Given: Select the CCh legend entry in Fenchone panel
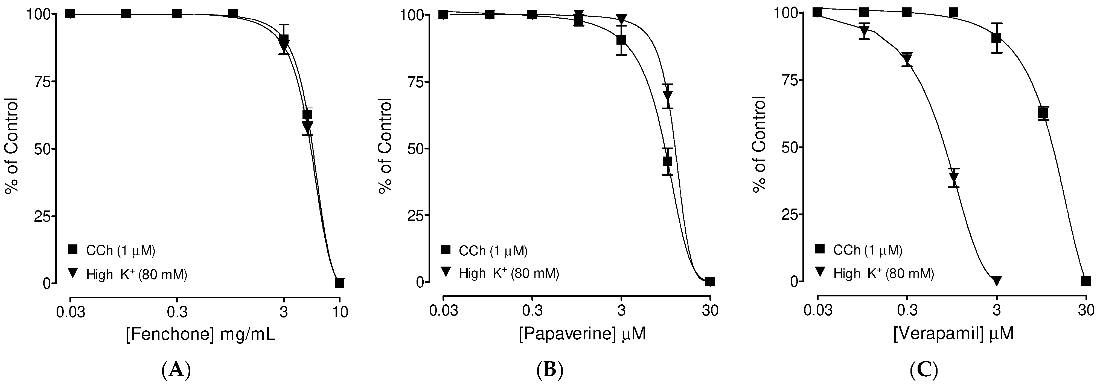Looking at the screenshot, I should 112,251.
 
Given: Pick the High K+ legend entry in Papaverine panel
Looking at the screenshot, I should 500,273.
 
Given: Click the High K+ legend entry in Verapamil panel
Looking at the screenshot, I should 875,273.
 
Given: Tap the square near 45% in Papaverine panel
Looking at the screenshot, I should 667,161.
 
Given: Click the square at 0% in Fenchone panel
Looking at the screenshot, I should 339,282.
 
